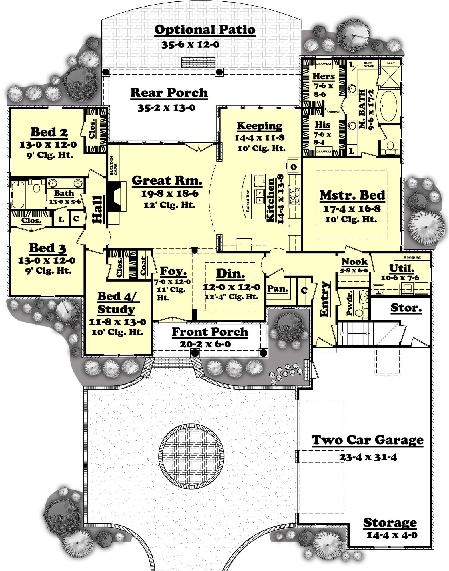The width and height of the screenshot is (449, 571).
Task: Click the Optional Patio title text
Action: point(205,30)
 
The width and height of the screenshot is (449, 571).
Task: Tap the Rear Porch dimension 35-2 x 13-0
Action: point(166,108)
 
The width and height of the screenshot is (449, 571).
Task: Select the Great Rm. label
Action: point(167,180)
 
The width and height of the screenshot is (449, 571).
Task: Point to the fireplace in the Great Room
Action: point(116,197)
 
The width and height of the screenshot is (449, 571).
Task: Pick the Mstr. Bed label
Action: point(352,195)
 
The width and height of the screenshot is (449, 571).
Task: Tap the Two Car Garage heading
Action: point(367,440)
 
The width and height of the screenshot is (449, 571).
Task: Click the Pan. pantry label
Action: point(277,289)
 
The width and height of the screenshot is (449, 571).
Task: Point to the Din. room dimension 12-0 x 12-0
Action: point(231,287)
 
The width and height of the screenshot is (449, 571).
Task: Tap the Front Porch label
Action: point(210,332)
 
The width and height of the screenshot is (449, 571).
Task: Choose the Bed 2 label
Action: point(49,132)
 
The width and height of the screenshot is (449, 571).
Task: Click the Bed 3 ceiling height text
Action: point(49,270)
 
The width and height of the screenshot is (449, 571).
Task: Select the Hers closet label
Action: point(323,76)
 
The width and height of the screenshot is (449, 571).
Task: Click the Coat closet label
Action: point(143,266)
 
